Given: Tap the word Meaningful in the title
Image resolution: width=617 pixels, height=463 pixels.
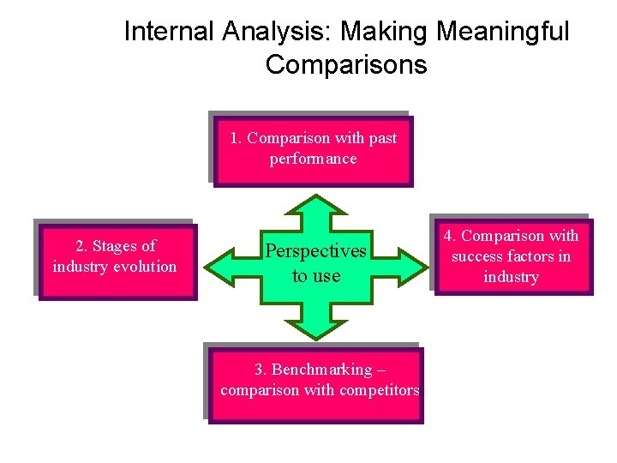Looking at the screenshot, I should pyautogui.click(x=502, y=32).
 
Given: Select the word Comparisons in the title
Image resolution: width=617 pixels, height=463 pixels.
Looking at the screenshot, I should pyautogui.click(x=346, y=64).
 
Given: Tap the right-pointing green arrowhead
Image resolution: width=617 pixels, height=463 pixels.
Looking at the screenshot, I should pyautogui.click(x=413, y=263).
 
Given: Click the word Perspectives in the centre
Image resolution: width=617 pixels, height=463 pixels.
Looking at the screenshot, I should pyautogui.click(x=315, y=251).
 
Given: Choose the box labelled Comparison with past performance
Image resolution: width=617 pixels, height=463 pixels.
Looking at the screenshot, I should pyautogui.click(x=313, y=150).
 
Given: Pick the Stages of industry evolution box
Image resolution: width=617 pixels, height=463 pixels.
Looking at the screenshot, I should pyautogui.click(x=116, y=260).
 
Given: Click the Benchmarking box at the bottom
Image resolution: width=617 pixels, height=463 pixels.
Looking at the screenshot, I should pyautogui.click(x=315, y=382).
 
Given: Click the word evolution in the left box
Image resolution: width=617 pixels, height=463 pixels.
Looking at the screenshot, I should pyautogui.click(x=141, y=267).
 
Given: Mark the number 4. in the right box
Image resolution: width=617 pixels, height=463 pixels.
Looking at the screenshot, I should pyautogui.click(x=450, y=236).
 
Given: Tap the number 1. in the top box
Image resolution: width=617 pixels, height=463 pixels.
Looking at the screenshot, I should pyautogui.click(x=237, y=138).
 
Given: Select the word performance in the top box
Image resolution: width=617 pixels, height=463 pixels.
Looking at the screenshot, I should pyautogui.click(x=313, y=159).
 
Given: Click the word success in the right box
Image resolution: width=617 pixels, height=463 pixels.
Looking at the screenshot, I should pyautogui.click(x=478, y=256).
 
